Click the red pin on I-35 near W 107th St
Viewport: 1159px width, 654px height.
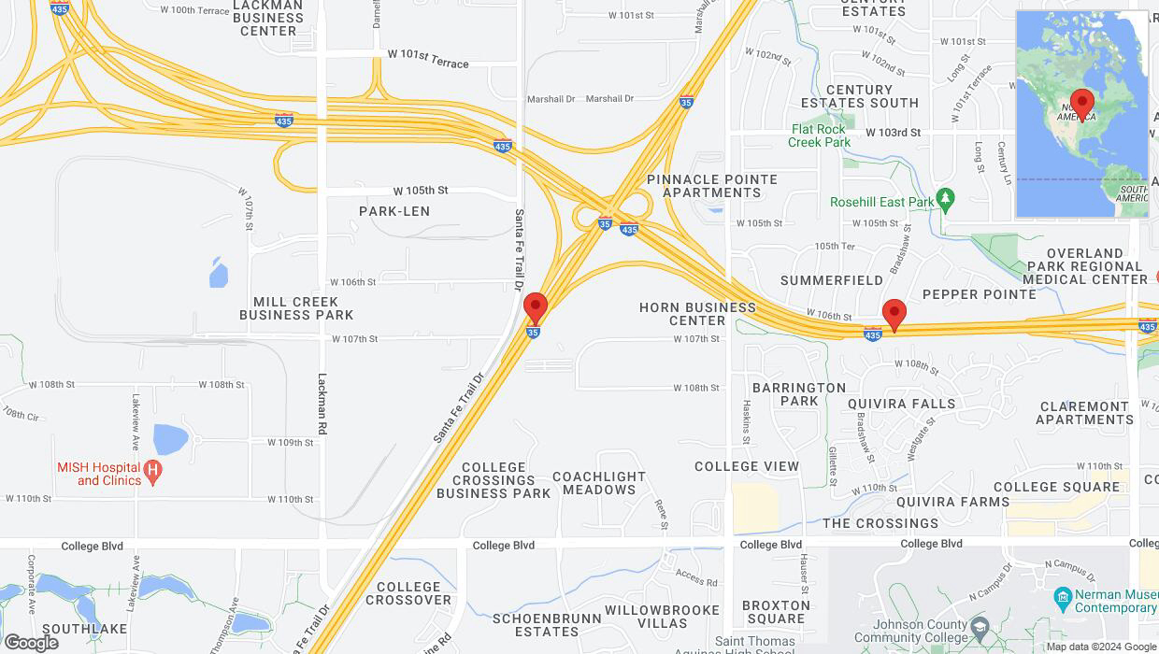(x=535, y=308)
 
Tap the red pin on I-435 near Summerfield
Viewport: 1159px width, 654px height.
(x=894, y=315)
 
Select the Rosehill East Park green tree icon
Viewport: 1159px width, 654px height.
(x=945, y=199)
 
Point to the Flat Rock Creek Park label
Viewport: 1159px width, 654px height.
(x=819, y=136)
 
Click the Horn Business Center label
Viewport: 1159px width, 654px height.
(x=697, y=314)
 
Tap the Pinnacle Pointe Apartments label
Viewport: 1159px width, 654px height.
(x=712, y=186)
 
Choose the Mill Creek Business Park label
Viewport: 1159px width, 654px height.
(x=296, y=308)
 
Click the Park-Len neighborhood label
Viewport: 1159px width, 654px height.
(x=394, y=211)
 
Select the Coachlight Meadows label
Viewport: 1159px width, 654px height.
(x=599, y=483)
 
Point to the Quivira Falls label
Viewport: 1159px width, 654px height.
(x=901, y=404)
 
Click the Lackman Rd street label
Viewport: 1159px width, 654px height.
(x=322, y=403)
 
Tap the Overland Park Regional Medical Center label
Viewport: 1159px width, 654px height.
(x=1085, y=266)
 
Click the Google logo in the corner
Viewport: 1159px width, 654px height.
(x=31, y=642)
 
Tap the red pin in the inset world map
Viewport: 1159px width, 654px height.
(x=1082, y=103)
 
